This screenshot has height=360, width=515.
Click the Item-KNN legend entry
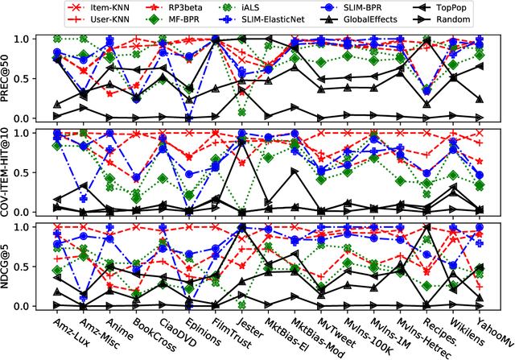click(x=103, y=6)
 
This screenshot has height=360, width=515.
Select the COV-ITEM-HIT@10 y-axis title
click(x=7, y=172)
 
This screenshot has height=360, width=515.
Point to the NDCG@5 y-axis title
click(x=7, y=267)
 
